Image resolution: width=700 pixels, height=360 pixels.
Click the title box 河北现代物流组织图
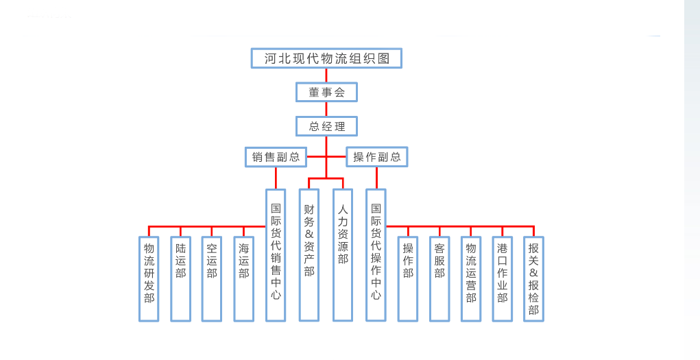[326, 58]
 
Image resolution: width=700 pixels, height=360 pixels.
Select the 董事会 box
[326, 92]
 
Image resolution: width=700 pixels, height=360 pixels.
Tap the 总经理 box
[326, 126]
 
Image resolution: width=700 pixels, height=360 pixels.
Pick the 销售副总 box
[276, 156]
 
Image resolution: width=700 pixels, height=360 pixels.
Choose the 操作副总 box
[376, 156]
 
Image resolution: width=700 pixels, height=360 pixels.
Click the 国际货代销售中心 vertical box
[276, 254]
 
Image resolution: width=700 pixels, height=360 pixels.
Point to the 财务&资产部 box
[309, 254]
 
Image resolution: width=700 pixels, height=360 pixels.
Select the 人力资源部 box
[343, 254]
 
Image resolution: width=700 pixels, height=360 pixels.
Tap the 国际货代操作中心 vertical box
[376, 254]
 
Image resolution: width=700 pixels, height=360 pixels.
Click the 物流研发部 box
[149, 278]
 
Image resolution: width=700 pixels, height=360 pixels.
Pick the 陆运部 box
[180, 278]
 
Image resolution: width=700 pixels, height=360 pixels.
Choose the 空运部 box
[212, 278]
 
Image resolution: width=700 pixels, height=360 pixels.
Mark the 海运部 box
[243, 278]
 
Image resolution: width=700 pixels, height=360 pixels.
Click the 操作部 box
[408, 278]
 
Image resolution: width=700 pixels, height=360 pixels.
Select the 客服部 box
[439, 278]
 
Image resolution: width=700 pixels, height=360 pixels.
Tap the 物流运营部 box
[471, 278]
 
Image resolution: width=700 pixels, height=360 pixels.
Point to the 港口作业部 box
[503, 278]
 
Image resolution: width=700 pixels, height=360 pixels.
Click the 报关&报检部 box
[533, 278]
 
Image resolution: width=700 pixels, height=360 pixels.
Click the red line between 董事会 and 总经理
[326, 109]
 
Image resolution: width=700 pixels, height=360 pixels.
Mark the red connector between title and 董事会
[326, 75]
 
